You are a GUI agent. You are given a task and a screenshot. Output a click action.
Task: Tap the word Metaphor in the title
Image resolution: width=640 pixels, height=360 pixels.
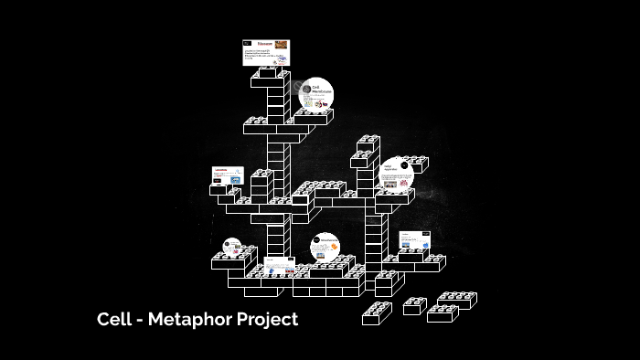point(190,320)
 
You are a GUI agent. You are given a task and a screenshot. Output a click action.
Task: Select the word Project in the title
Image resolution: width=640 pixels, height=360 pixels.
point(270,320)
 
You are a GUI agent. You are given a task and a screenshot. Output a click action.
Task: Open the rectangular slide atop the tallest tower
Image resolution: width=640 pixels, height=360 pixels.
point(266,51)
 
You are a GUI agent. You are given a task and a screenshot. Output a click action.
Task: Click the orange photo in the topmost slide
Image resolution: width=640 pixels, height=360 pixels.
point(282,44)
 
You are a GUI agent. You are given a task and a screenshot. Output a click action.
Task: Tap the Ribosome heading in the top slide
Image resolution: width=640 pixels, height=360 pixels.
point(263,44)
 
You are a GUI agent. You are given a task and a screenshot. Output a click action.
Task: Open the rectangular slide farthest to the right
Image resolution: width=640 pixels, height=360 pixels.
point(412,240)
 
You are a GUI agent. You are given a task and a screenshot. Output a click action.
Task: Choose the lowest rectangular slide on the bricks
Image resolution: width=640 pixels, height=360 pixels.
point(279,270)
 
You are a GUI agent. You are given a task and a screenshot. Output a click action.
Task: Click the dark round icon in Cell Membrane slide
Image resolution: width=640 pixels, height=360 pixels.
point(306,88)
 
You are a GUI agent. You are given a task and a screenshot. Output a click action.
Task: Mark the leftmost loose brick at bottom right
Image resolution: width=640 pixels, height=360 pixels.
point(377,313)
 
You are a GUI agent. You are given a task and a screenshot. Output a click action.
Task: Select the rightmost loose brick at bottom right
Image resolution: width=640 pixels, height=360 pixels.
point(458,300)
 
